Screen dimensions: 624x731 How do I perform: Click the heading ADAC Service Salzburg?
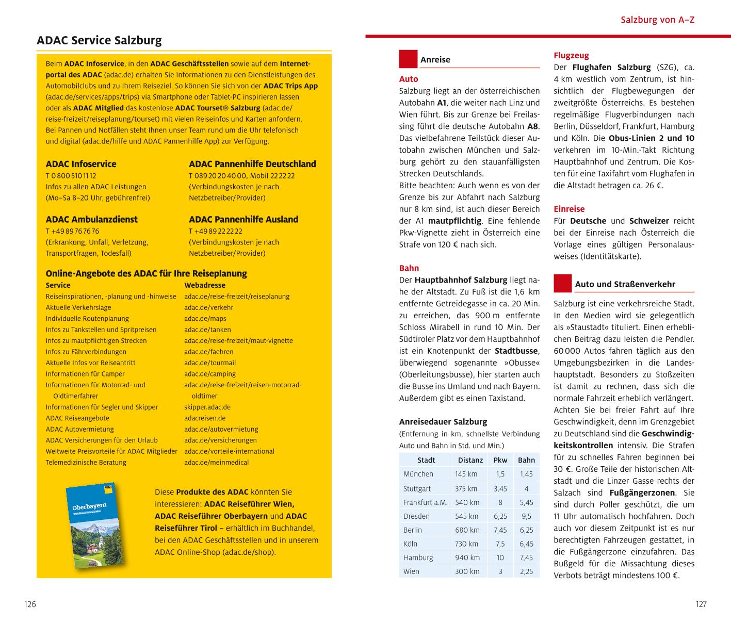(99, 40)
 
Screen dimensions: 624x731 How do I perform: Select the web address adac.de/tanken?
(207, 330)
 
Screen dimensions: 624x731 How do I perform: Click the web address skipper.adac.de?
(207, 407)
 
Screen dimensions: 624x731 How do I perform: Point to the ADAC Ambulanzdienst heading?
(92, 219)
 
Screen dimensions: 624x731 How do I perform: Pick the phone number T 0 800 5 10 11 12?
(71, 175)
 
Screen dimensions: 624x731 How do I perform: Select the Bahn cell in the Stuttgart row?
(526, 488)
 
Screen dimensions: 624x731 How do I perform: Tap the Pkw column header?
(500, 460)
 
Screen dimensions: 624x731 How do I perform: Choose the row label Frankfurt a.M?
(426, 502)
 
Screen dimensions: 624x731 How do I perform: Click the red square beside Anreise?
(408, 59)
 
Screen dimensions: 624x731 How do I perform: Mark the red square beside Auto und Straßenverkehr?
(563, 283)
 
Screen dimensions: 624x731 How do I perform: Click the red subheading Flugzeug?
(571, 55)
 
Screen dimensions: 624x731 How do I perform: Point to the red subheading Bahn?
(409, 268)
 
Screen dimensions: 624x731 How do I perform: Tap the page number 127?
(701, 604)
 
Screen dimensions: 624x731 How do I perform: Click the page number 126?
(30, 604)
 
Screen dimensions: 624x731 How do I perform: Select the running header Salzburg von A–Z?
(657, 20)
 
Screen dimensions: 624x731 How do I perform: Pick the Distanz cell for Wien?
(467, 571)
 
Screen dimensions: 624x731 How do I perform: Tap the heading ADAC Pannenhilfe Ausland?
(243, 219)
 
